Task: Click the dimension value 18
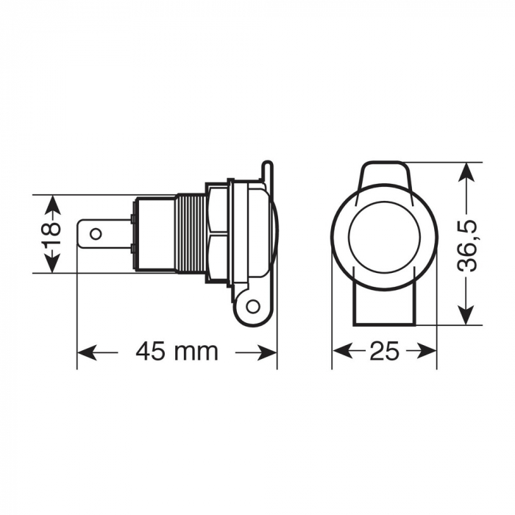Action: [x=51, y=234]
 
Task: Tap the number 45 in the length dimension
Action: [x=152, y=351]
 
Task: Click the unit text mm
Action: [x=199, y=352]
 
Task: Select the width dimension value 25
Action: [x=384, y=351]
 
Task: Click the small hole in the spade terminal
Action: [x=95, y=235]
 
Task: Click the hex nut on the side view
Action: [x=219, y=234]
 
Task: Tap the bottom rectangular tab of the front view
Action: [x=383, y=305]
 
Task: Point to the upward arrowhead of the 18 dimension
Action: [x=51, y=201]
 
